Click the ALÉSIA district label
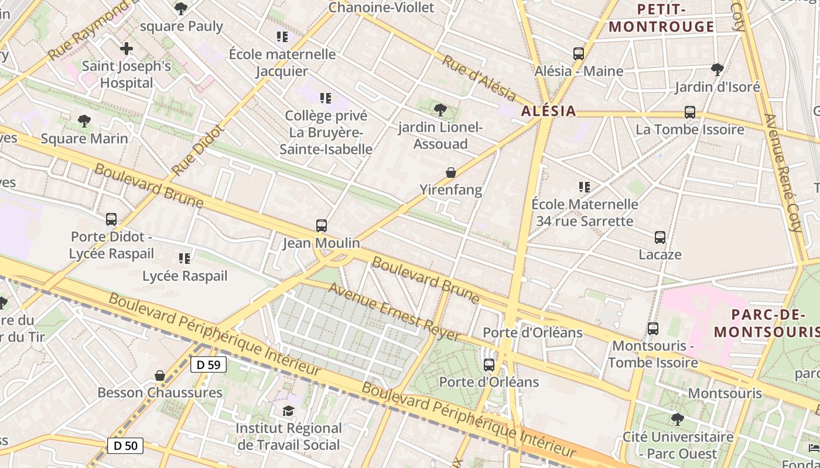pos(548,111)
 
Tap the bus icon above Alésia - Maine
pos(579,54)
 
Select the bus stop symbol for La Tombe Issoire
pos(690,112)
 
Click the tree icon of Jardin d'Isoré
pos(717,70)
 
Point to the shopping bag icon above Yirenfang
pos(451,173)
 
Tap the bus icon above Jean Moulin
pos(321,226)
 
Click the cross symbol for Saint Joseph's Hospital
pos(127,49)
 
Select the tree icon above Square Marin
pos(84,122)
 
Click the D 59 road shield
pos(209,364)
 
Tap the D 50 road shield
pos(125,446)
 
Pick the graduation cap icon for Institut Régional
pos(289,411)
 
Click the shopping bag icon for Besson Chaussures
pos(160,376)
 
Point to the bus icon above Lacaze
pos(660,238)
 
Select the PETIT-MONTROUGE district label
pos(661,18)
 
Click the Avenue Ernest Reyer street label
pos(394,312)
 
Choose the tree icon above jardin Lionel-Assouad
pos(440,110)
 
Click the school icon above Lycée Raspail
pos(184,258)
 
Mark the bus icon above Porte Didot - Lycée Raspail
pos(111,219)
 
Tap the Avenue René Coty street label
pos(783,173)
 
